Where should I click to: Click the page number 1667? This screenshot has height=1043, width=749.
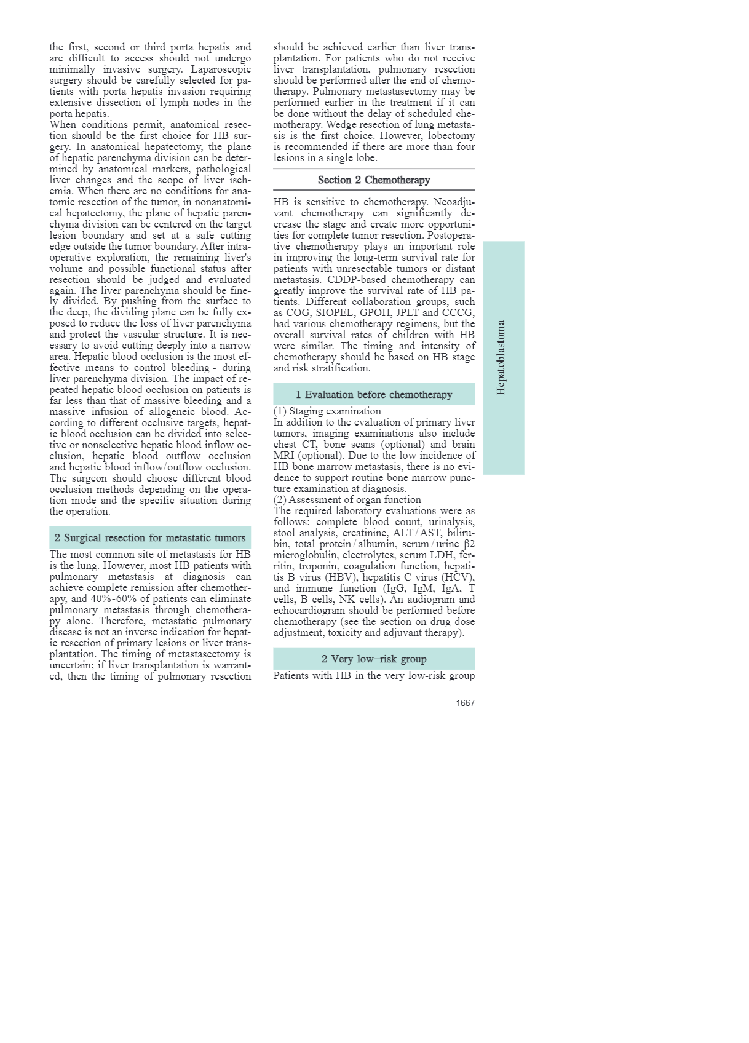point(465,703)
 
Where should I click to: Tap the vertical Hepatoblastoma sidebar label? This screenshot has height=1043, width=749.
point(501,357)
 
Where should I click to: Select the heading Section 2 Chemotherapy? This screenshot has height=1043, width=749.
point(374,180)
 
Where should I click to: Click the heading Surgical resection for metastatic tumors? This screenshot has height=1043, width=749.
point(150,537)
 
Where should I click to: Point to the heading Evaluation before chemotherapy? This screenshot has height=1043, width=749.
point(374,394)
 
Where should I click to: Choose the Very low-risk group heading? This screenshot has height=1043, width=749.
point(374,659)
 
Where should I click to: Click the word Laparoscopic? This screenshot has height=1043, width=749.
point(221,69)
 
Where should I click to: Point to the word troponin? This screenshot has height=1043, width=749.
point(318,566)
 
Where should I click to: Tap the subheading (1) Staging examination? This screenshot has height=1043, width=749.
point(327,411)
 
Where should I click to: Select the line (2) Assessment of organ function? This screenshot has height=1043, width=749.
point(347,499)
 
